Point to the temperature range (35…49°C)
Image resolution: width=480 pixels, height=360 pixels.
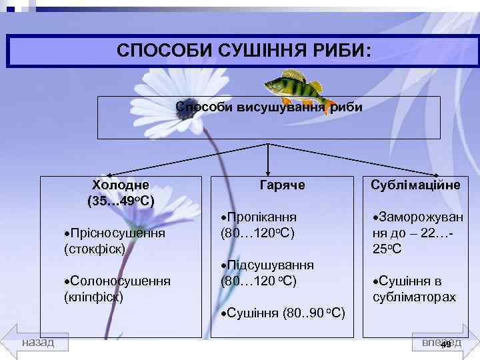(x=121, y=200)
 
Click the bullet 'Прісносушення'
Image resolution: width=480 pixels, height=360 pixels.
(x=115, y=234)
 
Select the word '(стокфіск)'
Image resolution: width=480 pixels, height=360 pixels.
(x=95, y=249)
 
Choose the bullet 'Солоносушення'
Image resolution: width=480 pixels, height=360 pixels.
(x=117, y=281)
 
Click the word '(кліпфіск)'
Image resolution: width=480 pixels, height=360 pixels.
(x=93, y=297)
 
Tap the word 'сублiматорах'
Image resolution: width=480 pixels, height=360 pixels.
(x=415, y=297)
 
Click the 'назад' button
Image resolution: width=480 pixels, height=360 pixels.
(x=39, y=342)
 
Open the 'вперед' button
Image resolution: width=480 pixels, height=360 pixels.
(x=441, y=342)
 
